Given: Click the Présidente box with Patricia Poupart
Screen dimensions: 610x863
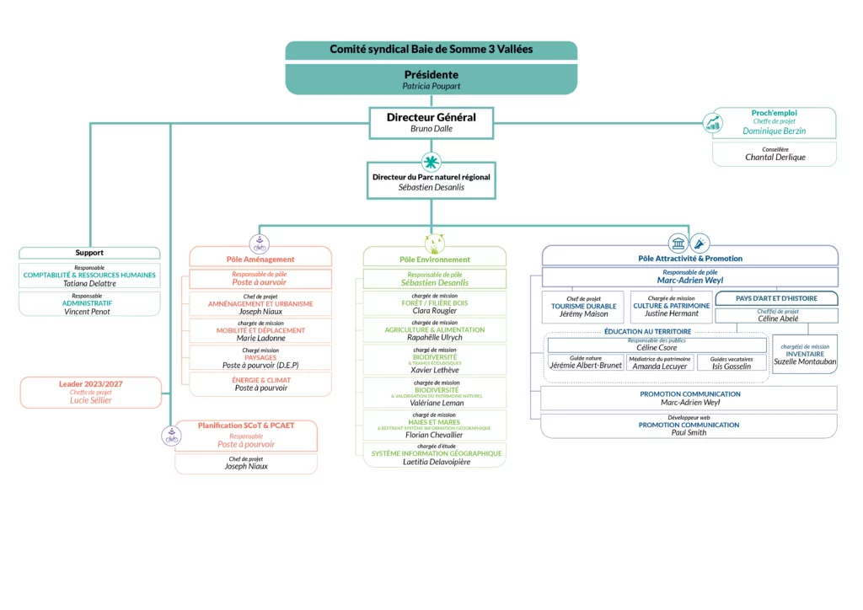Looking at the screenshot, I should pos(431,79).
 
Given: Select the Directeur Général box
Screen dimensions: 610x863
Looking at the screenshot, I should pos(431,122).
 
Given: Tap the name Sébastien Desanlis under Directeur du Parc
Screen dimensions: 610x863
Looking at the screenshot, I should pos(431,187).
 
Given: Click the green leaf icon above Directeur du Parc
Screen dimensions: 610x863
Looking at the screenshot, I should pos(431,161).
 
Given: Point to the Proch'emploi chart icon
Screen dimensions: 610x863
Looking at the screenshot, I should pos(713,123).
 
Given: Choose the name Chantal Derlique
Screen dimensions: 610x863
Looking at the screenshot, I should pos(775,158).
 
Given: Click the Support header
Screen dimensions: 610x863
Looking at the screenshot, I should pos(89,253).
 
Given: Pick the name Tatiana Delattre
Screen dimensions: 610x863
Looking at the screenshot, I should pos(89,284).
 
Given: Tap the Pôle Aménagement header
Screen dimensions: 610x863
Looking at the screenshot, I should pos(260,260).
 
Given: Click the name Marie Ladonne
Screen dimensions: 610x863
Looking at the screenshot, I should pos(260,338).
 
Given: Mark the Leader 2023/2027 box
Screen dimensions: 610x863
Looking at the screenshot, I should pos(90,392).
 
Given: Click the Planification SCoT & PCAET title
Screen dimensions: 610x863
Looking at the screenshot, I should pos(246,425).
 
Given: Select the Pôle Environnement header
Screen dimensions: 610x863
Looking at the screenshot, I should pos(435,260).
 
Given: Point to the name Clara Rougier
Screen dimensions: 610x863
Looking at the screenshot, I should pos(435,311).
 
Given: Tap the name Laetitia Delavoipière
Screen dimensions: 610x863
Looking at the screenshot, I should pos(436,462).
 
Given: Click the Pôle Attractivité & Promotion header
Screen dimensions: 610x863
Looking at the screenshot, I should pos(690,258).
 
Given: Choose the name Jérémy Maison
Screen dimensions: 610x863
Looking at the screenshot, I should pos(583,314).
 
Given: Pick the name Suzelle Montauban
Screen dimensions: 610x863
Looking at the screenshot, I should pos(805,361).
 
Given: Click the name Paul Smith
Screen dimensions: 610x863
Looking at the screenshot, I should pos(689,433).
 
